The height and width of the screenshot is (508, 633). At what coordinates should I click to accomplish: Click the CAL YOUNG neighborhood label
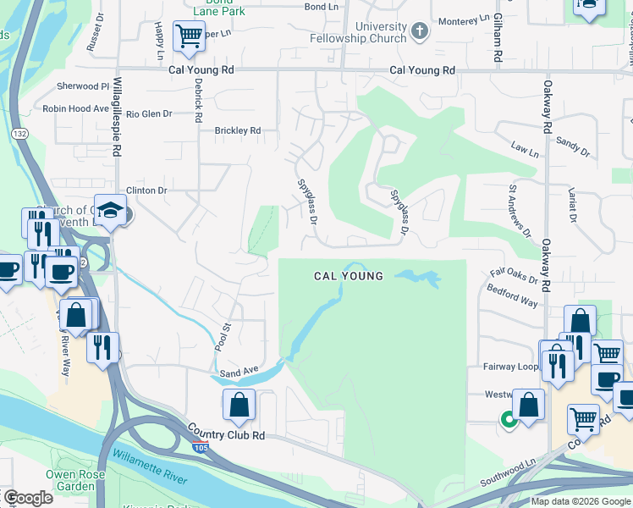(349, 276)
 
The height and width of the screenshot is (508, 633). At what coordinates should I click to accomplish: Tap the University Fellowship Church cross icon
(418, 31)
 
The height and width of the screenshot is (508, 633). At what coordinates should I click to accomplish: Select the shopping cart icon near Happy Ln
(189, 36)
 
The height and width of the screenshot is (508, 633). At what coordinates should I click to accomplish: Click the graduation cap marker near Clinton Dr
(110, 210)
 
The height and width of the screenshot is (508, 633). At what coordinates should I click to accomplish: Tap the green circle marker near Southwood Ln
(509, 418)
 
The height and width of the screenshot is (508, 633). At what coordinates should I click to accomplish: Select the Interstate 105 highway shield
(200, 446)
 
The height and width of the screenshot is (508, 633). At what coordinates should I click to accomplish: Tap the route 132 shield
(19, 134)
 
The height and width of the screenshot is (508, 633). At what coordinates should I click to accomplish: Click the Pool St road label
(223, 338)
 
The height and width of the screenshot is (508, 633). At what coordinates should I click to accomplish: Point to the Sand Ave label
(238, 371)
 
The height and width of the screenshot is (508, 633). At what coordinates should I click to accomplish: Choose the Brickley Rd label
(237, 131)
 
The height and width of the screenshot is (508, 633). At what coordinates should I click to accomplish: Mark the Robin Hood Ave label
(76, 108)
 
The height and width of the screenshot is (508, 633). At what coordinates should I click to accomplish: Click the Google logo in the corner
(27, 498)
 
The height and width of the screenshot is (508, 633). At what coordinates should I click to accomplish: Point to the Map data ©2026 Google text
(580, 500)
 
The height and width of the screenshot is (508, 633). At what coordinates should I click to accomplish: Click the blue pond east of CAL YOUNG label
(417, 277)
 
